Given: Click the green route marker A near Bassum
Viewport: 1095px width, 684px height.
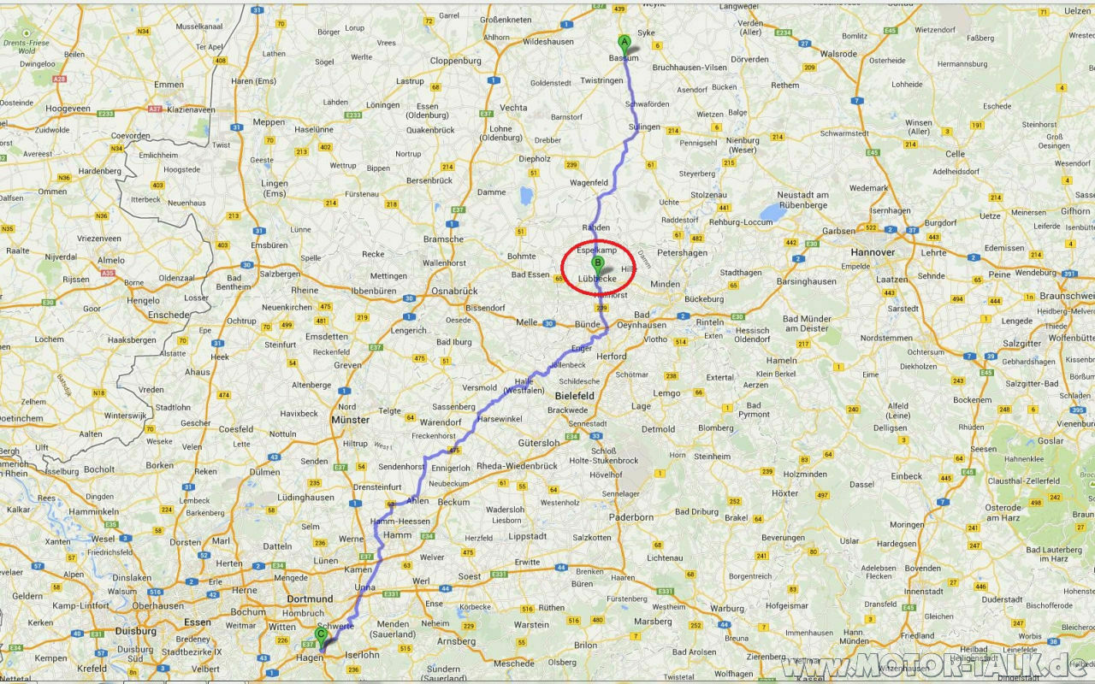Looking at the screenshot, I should [x=624, y=42].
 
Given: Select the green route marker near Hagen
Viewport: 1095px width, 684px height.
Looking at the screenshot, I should [x=321, y=635].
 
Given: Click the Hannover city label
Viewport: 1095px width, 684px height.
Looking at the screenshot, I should [x=873, y=253].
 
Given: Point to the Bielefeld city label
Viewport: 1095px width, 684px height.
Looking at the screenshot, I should [x=575, y=396].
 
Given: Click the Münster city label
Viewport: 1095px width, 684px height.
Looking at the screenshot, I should [x=350, y=420].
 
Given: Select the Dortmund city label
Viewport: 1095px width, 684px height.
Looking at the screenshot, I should [x=310, y=599].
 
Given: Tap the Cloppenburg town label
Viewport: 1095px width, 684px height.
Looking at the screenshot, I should [x=456, y=61].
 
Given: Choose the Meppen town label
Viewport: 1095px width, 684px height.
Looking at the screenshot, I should [x=269, y=122].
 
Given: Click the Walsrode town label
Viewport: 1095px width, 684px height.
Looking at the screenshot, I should [x=838, y=53].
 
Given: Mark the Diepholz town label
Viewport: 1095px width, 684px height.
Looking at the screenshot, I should [x=535, y=158].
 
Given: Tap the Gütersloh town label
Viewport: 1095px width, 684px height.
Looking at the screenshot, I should [x=539, y=443].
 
